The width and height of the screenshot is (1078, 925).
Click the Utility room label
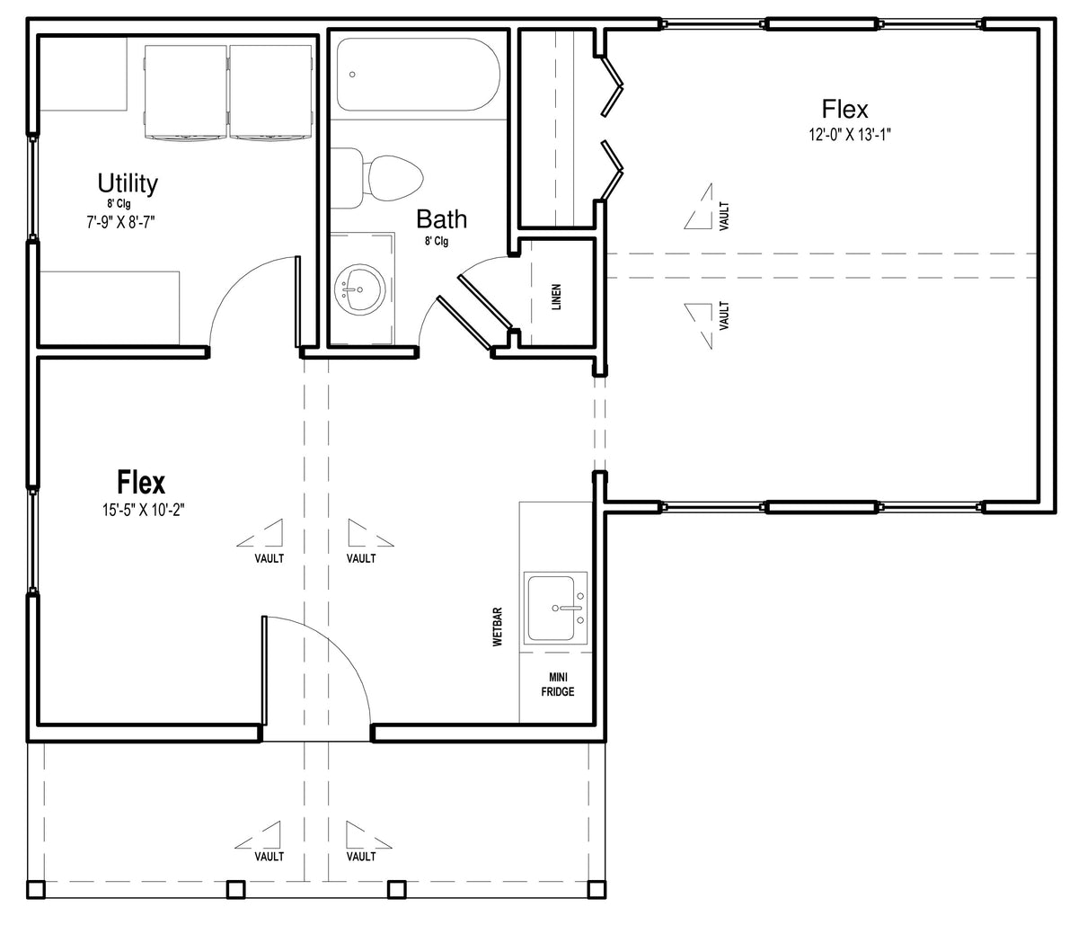[128, 183]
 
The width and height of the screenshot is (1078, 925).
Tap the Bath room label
[441, 219]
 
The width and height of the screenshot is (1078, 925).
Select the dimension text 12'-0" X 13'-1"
[850, 135]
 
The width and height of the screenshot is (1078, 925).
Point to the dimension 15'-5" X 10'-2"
[144, 510]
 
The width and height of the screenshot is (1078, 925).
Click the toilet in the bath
[376, 177]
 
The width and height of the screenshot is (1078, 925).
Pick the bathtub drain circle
[352, 75]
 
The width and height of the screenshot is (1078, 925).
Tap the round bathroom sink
[360, 290]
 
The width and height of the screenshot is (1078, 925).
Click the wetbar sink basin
[555, 609]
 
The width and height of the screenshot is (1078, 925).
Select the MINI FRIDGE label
[558, 684]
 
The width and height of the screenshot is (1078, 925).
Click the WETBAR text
[498, 627]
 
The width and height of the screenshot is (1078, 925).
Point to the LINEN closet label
[556, 297]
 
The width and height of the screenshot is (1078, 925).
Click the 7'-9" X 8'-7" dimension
[121, 223]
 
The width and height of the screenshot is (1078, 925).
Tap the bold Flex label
[141, 483]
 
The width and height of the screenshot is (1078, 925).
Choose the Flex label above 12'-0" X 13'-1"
[844, 110]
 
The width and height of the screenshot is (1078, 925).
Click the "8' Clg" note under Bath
[437, 241]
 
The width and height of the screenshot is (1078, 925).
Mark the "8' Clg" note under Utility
[119, 203]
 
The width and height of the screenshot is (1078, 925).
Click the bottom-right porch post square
[596, 890]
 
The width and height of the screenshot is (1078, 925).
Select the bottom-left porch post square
[36, 890]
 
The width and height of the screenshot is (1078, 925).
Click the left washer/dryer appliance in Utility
[186, 92]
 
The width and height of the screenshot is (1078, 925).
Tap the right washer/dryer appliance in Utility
[271, 92]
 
